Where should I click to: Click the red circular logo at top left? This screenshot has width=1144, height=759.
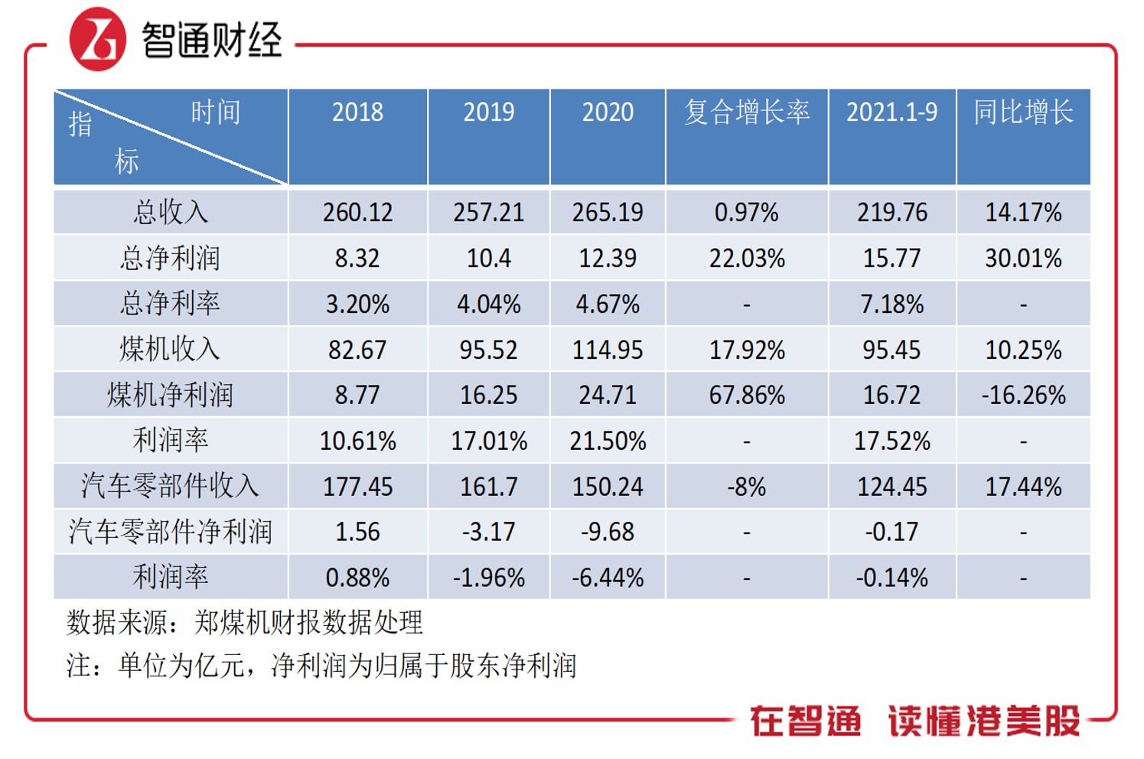[x=97, y=40]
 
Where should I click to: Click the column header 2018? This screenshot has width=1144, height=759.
[x=357, y=112]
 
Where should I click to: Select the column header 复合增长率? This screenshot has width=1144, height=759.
[x=746, y=112]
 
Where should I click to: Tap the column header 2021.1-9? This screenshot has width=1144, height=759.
[x=891, y=112]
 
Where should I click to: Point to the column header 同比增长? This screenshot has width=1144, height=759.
[x=1023, y=112]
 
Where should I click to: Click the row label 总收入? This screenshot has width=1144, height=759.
[x=170, y=212]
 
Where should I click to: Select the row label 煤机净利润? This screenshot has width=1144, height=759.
[x=170, y=395]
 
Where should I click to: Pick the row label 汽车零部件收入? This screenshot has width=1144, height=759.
[x=170, y=486]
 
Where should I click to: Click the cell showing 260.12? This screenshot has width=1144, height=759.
[x=357, y=212]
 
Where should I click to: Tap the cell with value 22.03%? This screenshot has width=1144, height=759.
[x=746, y=259]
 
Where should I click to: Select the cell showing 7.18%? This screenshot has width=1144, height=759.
[x=891, y=305]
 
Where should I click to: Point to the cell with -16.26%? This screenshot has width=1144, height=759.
[x=1023, y=395]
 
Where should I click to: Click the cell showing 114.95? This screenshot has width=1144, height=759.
[x=608, y=350]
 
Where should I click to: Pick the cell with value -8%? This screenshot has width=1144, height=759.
[x=746, y=487]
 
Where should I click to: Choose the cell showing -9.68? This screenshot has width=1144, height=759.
[x=608, y=532]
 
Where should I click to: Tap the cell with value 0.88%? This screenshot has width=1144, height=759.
[x=357, y=578]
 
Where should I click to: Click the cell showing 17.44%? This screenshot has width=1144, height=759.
[x=1023, y=487]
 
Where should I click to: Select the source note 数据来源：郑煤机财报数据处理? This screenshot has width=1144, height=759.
[x=244, y=623]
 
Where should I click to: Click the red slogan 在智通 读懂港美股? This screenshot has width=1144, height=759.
[x=914, y=721]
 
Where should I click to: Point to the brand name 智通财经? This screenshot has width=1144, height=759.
[x=212, y=40]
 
